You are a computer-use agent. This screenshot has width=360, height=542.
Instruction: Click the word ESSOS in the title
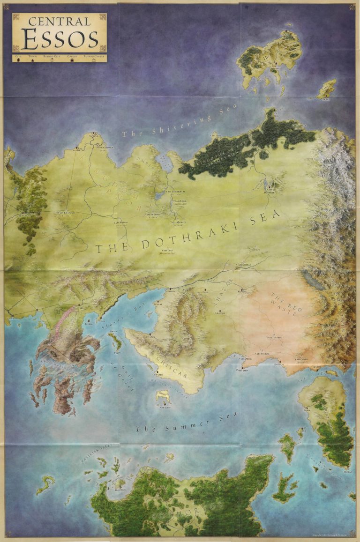tap(59, 40)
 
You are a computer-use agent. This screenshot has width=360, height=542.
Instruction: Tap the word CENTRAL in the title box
tap(59, 21)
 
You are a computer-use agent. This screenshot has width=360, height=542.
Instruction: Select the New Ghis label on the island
tap(165, 408)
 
